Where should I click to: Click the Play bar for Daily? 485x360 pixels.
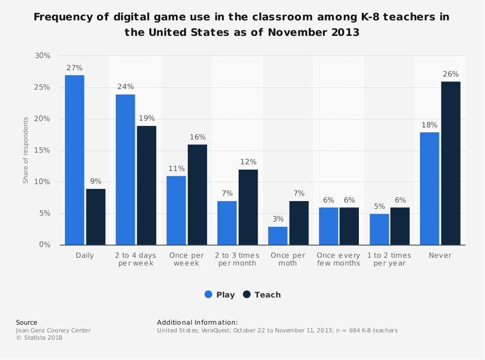(x=74, y=160)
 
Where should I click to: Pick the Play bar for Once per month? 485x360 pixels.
(x=277, y=235)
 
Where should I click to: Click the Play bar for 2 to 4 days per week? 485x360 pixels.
(x=125, y=170)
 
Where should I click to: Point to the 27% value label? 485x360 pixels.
(x=74, y=68)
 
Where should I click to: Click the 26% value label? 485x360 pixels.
(x=451, y=74)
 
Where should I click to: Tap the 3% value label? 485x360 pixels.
(x=278, y=219)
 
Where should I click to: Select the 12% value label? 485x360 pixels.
(x=248, y=162)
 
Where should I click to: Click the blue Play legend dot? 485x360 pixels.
(x=209, y=295)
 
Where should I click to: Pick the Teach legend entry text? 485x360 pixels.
(x=268, y=295)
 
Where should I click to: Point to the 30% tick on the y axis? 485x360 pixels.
(x=43, y=56)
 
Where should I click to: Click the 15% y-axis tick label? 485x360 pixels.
(x=43, y=151)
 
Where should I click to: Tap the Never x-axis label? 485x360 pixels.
(x=440, y=255)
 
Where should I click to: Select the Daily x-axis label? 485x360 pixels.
(x=85, y=255)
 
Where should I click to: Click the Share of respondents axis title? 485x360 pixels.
(x=26, y=150)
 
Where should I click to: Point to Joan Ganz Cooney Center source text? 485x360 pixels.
(x=53, y=330)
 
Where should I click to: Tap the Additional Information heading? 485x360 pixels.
(x=197, y=322)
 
